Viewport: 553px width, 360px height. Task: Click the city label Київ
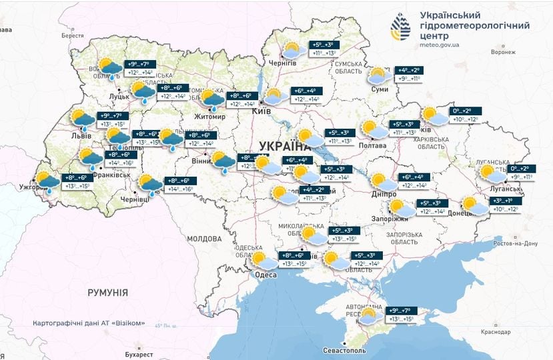[x=260, y=111]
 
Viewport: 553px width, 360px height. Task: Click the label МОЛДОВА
[x=203, y=238]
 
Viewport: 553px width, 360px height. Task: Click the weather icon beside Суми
[x=378, y=76]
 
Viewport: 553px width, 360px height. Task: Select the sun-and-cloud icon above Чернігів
[x=292, y=50]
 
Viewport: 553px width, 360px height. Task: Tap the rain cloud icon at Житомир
[x=213, y=99]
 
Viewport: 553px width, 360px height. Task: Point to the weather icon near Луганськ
[x=494, y=174]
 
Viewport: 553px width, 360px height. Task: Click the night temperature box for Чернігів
[x=325, y=44]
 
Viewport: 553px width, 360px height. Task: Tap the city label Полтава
[x=372, y=145]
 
